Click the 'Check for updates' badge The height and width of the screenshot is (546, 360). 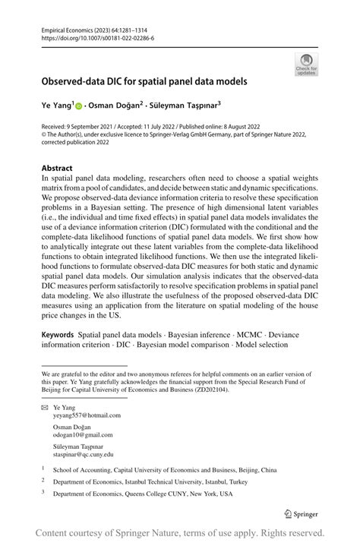tap(306, 64)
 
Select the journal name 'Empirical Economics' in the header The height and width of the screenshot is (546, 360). tap(69, 28)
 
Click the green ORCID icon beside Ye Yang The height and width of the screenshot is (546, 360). tap(79, 107)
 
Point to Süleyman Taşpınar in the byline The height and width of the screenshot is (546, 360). tap(187, 106)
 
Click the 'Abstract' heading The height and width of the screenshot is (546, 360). tap(58, 168)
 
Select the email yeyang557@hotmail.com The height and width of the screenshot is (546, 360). tap(87, 415)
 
